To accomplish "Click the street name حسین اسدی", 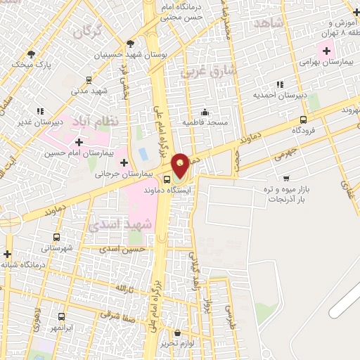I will (x=122, y=249).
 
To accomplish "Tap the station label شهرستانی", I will (x=56, y=248).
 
